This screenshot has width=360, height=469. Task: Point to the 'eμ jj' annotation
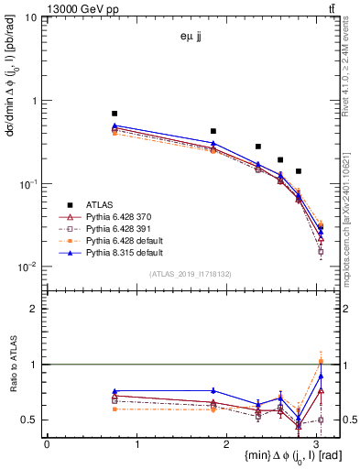point(192,38)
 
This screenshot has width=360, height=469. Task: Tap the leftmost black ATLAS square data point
point(115,113)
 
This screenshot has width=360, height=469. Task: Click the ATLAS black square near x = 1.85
point(213,131)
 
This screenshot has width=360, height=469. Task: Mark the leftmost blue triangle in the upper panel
point(115,125)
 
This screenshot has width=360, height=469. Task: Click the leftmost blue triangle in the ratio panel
point(115,391)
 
